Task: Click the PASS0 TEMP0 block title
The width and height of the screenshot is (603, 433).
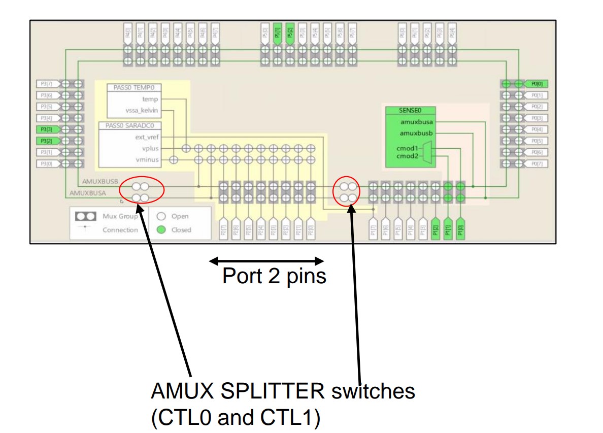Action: coord(133,88)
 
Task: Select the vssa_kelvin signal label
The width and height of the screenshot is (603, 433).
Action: coord(142,111)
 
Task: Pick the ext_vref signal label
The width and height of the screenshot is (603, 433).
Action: coord(147,138)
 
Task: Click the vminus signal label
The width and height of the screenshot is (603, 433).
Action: coord(147,160)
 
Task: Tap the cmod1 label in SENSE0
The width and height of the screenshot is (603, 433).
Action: coord(407,148)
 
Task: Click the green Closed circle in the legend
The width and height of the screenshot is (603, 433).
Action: coord(161,230)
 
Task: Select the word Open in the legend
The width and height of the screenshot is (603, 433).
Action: coord(180,216)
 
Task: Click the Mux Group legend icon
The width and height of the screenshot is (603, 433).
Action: coord(86,216)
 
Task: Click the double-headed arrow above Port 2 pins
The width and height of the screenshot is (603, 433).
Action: coord(267,261)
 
